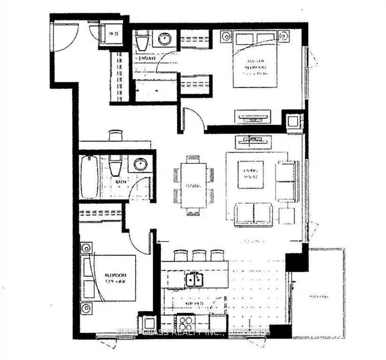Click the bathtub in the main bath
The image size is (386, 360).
[89, 177]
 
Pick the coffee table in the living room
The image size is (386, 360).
[250, 174]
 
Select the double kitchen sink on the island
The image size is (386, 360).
[194, 280]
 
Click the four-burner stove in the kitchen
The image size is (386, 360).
[186, 323]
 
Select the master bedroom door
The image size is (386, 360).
[192, 120]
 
